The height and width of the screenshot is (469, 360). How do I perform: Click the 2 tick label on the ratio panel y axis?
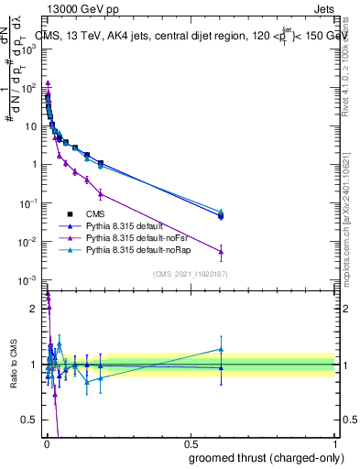coord(35,309)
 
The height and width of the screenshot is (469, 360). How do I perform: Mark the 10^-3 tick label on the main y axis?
coord(30,279)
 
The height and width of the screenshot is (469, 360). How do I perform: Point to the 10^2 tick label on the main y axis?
coord(30,88)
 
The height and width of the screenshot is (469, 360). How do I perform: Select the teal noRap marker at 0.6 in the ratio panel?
coord(221,349)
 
